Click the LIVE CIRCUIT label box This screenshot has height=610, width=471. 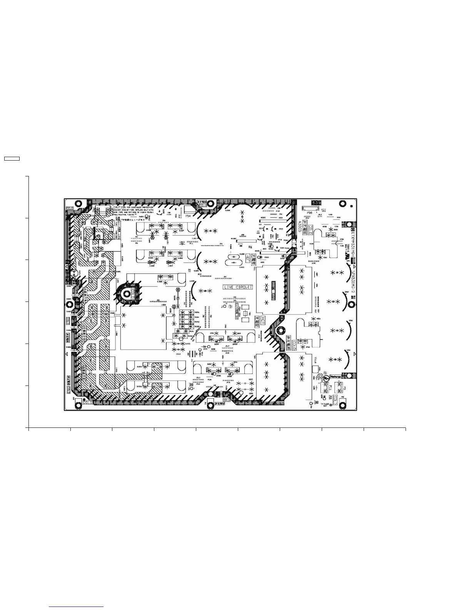[x=238, y=287]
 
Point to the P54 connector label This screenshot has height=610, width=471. [x=189, y=216]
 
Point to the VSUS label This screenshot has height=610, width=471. [x=315, y=360]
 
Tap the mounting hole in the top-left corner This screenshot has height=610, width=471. [x=78, y=203]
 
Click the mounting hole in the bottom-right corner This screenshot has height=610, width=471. [x=342, y=404]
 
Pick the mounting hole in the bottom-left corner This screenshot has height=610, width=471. [x=78, y=404]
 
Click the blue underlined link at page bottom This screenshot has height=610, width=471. [x=77, y=607]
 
